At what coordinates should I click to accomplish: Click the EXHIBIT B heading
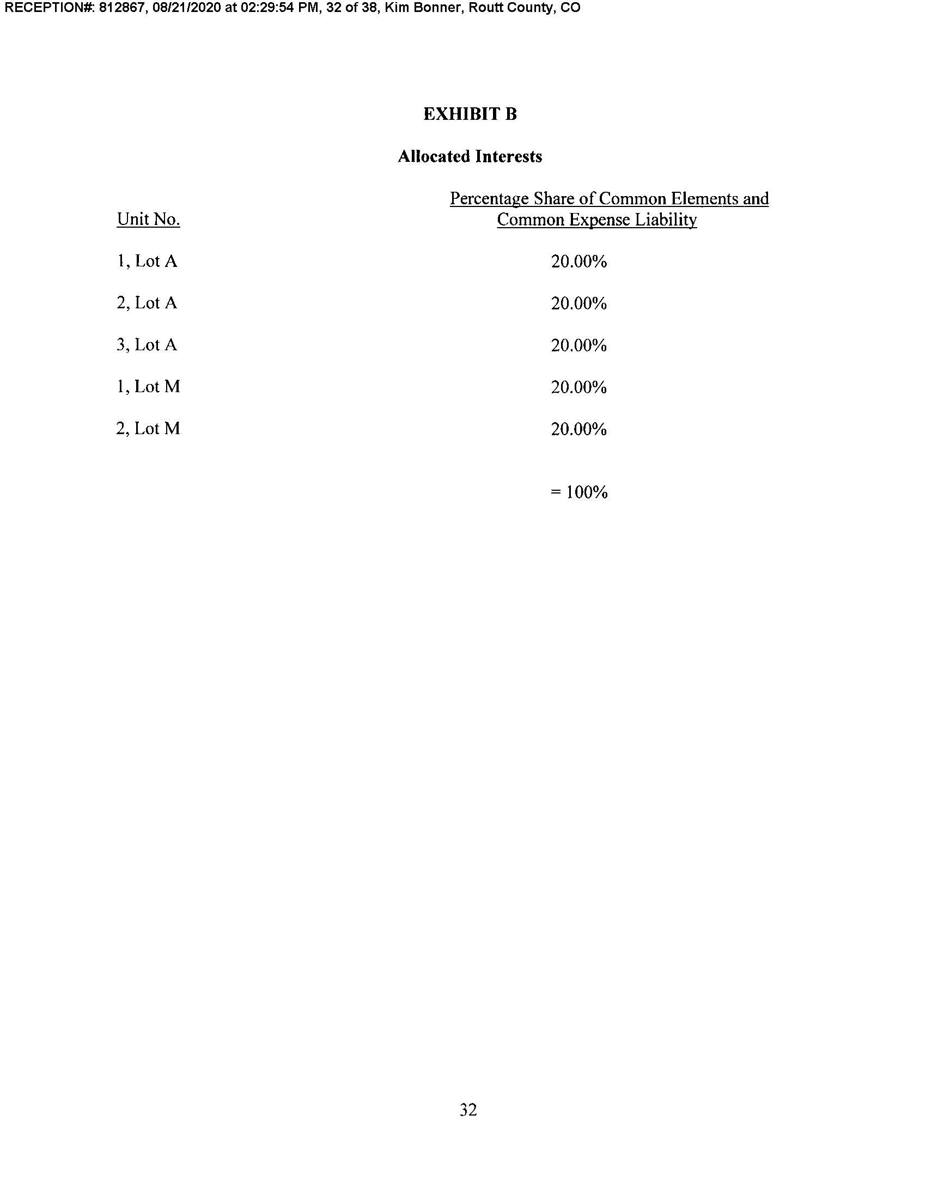[470, 114]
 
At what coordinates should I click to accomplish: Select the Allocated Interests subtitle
[470, 156]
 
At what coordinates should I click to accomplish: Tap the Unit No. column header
[148, 219]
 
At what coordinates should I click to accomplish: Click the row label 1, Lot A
[147, 261]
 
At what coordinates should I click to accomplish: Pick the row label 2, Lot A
[147, 303]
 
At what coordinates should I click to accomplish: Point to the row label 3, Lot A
[147, 345]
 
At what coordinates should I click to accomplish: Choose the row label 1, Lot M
[148, 387]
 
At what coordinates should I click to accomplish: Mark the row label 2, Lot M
[148, 429]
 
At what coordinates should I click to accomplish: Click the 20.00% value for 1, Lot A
[578, 261]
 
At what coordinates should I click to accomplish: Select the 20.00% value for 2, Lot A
[578, 303]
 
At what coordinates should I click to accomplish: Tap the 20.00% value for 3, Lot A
[578, 345]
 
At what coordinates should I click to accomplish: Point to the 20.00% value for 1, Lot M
[578, 387]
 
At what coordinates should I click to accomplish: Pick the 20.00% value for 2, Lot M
[578, 429]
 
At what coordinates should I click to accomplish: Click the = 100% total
[578, 492]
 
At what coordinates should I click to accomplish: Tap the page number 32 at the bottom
[468, 1110]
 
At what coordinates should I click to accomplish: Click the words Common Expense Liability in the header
[597, 220]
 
